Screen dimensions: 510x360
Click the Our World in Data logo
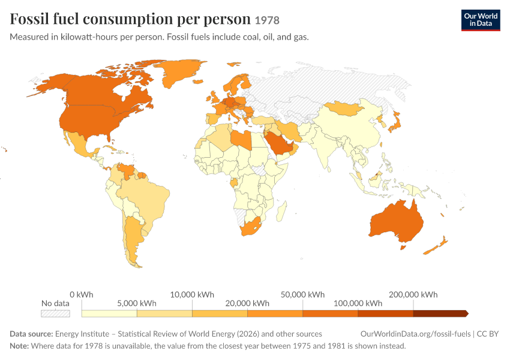481,20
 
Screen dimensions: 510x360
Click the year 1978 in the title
267,20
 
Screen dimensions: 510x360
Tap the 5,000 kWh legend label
137,303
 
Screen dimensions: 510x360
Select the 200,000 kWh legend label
413,295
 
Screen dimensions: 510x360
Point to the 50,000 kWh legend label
302,295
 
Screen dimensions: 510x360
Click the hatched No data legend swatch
55,313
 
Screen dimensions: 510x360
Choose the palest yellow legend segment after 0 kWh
109,313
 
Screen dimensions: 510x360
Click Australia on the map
397,222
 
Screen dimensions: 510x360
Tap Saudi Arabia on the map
280,144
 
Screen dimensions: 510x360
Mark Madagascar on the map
281,211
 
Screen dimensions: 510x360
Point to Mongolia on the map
343,108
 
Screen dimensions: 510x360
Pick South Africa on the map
250,227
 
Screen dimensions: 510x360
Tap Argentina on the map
133,238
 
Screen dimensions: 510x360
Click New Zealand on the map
436,246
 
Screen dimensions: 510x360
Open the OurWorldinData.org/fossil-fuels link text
415,334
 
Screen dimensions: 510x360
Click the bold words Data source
31,334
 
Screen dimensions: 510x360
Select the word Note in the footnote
19,346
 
